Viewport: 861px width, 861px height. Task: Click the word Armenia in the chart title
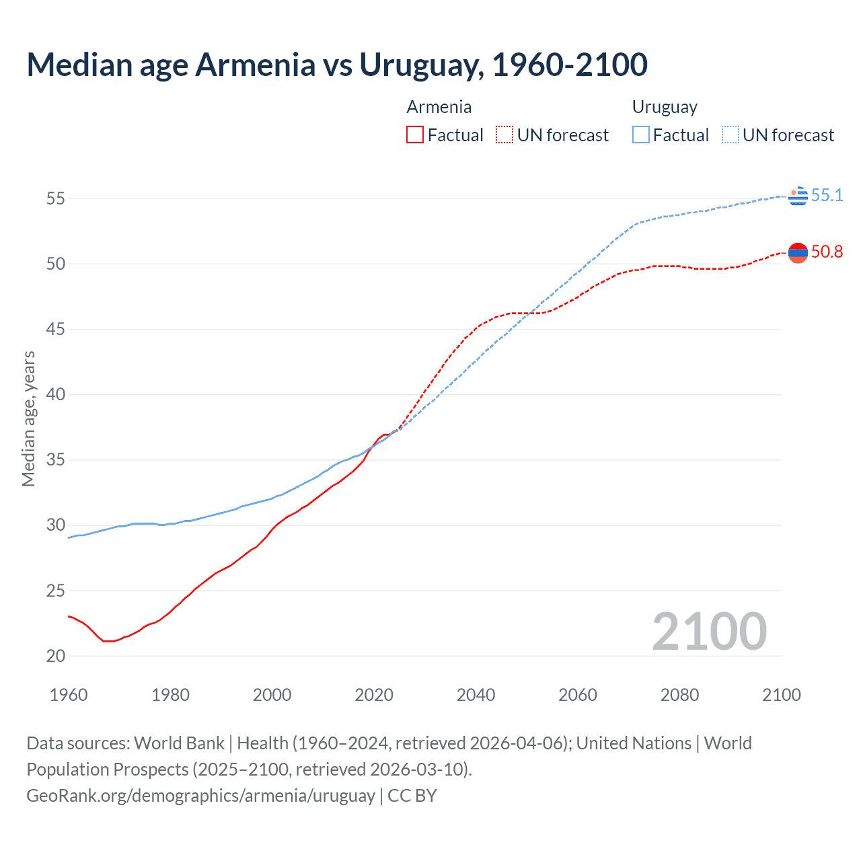pos(255,65)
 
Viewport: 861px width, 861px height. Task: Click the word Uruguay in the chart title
pos(420,65)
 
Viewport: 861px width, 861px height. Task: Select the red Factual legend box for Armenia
pos(415,135)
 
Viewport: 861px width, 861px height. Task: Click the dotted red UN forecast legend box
pos(504,135)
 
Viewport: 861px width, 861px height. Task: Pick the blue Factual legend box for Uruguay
pos(641,135)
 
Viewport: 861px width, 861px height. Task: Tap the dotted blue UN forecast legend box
pos(731,135)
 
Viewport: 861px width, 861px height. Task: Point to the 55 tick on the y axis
pos(56,198)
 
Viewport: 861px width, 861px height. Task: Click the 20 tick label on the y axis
pos(56,656)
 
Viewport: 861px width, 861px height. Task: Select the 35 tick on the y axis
pos(56,460)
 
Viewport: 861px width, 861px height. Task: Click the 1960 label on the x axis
pos(69,695)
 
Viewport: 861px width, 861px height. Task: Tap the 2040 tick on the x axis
pos(476,695)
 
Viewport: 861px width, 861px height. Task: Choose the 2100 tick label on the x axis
pos(781,695)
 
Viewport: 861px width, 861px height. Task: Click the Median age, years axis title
pos(28,418)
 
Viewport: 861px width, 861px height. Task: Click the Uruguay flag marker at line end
pos(798,196)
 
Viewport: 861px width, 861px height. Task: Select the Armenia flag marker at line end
pos(798,252)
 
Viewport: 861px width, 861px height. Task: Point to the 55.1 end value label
pos(827,196)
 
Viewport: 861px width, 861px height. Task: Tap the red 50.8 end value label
pos(827,252)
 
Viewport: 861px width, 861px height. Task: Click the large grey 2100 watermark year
pos(709,631)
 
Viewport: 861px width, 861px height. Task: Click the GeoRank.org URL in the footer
pos(200,796)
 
